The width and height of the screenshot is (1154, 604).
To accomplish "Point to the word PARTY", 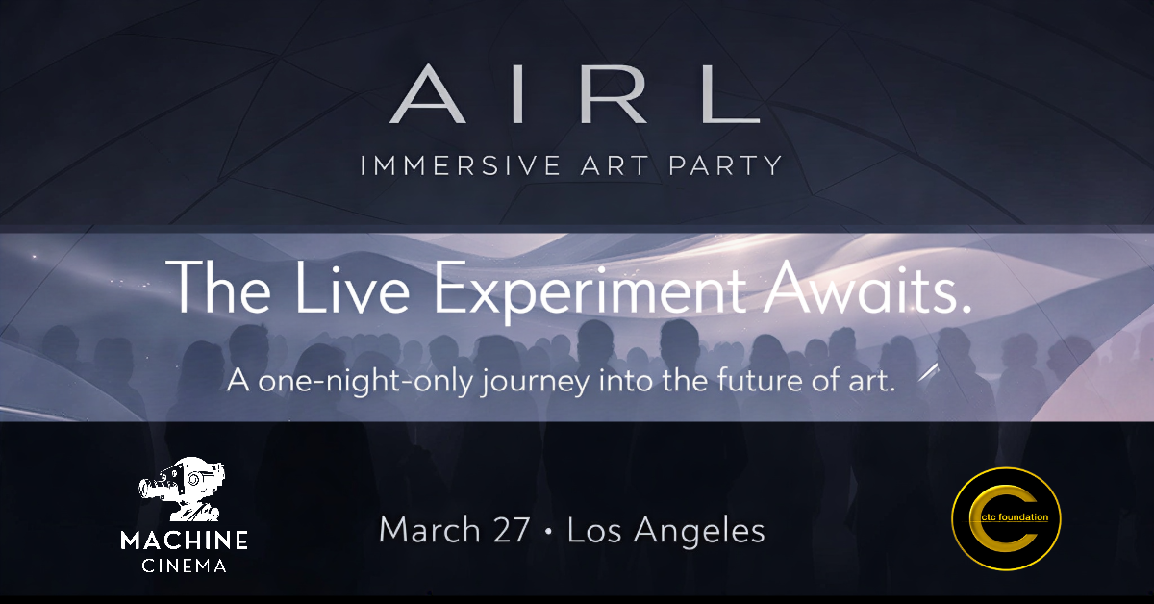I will click(x=733, y=164).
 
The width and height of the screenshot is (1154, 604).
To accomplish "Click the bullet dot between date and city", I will click(x=549, y=532).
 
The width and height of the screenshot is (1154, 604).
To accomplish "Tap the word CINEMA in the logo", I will click(x=185, y=566).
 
